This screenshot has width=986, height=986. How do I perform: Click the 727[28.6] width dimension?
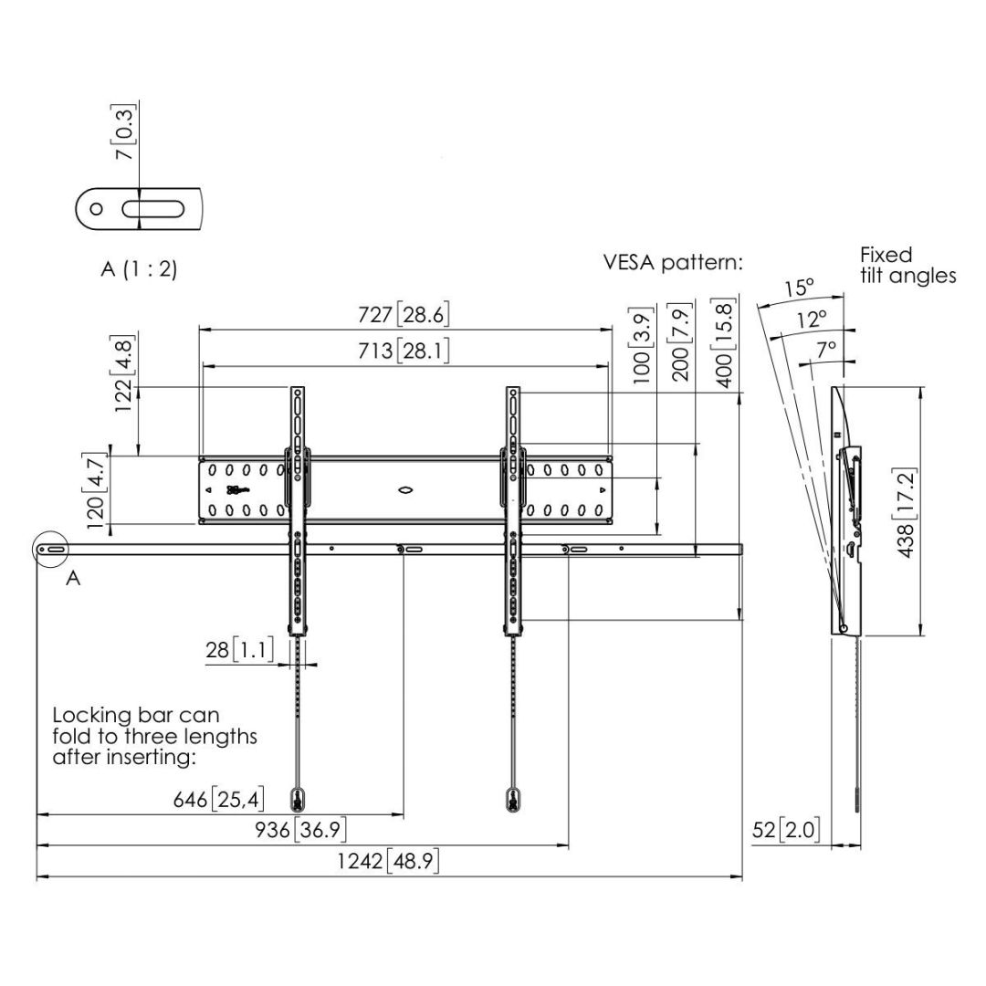click(403, 315)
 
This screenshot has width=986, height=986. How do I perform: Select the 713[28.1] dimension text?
click(403, 351)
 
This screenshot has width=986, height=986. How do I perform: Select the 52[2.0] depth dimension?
click(786, 830)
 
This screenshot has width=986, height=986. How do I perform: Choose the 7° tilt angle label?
click(826, 349)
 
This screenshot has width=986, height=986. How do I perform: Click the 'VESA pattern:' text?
click(673, 263)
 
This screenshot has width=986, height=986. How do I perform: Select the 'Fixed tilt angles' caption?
click(907, 265)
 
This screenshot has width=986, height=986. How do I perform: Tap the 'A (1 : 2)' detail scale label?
click(138, 270)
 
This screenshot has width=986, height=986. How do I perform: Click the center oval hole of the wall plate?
click(405, 490)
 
